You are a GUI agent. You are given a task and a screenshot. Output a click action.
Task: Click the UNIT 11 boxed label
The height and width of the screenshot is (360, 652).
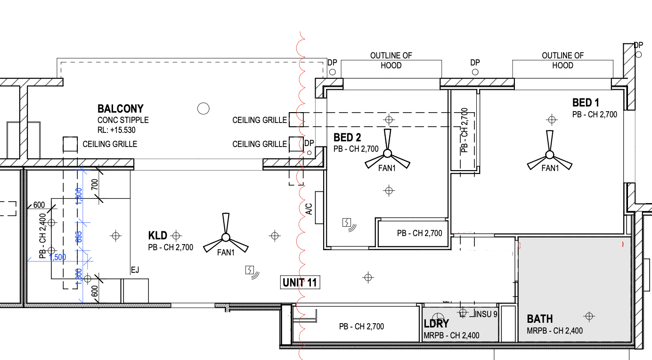pyautogui.click(x=300, y=283)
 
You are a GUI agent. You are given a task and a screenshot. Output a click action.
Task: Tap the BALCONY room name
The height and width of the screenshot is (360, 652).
pyautogui.click(x=120, y=109)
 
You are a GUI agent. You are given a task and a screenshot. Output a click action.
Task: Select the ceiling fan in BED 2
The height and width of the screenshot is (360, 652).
pyautogui.click(x=387, y=154)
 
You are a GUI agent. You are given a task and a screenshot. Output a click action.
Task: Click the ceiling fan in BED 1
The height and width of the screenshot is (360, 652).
pyautogui.click(x=549, y=155)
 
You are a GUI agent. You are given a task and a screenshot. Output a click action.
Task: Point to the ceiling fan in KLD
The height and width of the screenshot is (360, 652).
pyautogui.click(x=226, y=237)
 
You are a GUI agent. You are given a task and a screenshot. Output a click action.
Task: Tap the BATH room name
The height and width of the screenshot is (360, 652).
pyautogui.click(x=540, y=319)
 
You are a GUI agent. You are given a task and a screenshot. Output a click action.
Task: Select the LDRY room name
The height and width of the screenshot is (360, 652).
pyautogui.click(x=436, y=324)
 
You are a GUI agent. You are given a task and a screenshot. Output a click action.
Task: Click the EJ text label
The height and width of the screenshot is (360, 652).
pyautogui.click(x=135, y=270)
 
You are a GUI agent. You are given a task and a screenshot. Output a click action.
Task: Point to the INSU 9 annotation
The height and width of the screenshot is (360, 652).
pyautogui.click(x=487, y=314)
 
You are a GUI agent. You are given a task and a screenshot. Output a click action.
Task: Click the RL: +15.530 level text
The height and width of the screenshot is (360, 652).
pyautogui.click(x=116, y=130)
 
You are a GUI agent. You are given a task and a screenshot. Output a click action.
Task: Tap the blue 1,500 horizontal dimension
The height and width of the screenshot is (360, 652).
pyautogui.click(x=57, y=257)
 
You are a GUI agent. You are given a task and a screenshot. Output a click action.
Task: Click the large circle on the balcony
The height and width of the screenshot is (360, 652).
pyautogui.click(x=203, y=109)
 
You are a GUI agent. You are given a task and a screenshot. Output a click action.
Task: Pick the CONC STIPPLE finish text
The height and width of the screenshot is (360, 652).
pyautogui.click(x=123, y=120)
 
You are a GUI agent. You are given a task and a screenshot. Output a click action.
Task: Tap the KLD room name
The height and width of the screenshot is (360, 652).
pyautogui.click(x=158, y=236)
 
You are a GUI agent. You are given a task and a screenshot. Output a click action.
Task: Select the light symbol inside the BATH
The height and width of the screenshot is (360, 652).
pyautogui.click(x=589, y=315)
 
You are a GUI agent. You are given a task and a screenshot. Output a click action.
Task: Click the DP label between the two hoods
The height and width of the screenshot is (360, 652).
pyautogui.click(x=475, y=63)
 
